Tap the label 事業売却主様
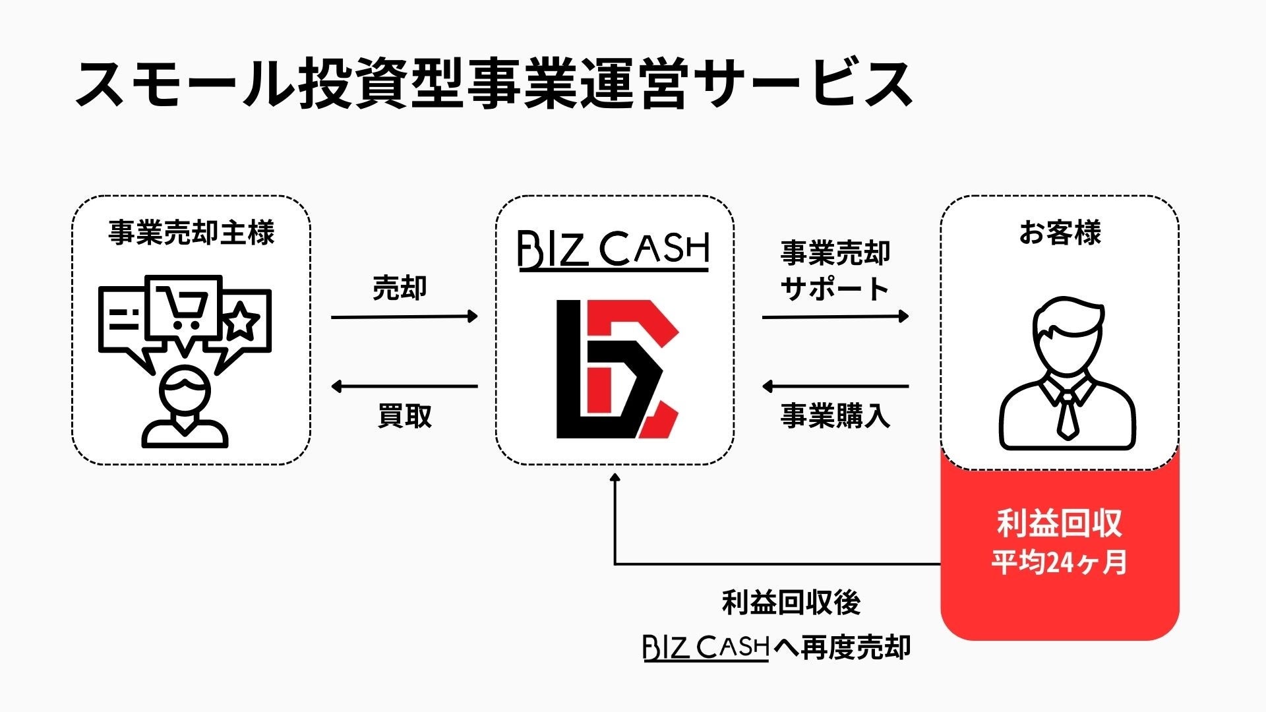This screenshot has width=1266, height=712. click(191, 233)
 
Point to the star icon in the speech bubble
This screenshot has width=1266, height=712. click(242, 321)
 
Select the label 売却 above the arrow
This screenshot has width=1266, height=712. click(400, 287)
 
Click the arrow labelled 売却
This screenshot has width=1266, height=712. click(404, 317)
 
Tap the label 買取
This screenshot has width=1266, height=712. click(404, 416)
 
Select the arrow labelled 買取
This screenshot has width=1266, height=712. click(404, 386)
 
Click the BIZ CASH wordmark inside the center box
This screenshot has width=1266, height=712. click(613, 251)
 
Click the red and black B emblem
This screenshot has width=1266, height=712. click(617, 369)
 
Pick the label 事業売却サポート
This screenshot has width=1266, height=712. click(835, 270)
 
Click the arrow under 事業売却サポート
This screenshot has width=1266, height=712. click(835, 317)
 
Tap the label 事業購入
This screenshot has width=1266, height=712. click(835, 416)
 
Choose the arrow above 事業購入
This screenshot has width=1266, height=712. click(835, 386)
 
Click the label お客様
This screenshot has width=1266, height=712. click(1060, 233)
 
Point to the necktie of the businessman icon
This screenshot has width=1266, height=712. click(1066, 415)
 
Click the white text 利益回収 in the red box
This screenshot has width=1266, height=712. click(1059, 524)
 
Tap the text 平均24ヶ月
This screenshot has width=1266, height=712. click(1059, 563)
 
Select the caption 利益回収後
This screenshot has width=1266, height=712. click(791, 603)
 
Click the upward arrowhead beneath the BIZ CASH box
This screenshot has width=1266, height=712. click(615, 478)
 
